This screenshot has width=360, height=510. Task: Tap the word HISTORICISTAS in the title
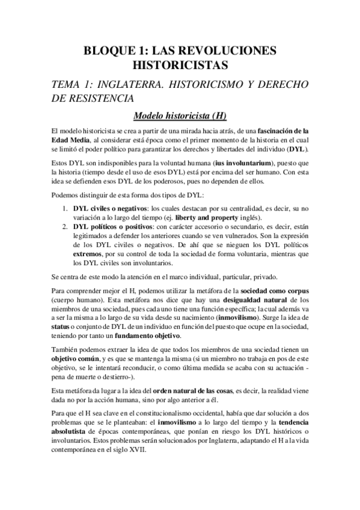(x=180, y=63)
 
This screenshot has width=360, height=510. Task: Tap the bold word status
(x=61, y=328)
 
